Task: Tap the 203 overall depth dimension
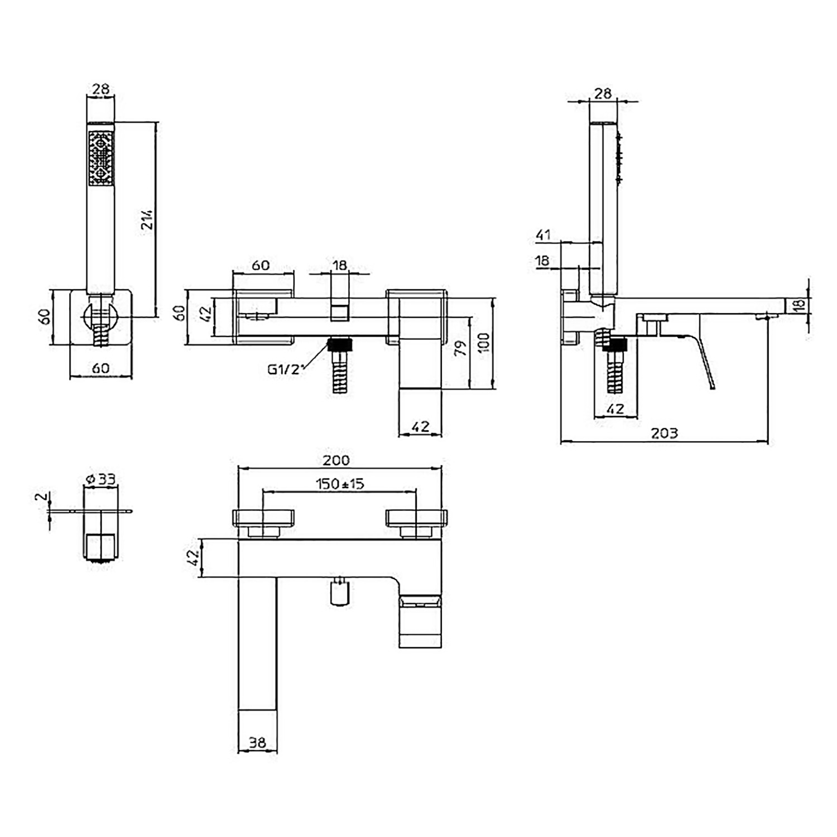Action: (664, 433)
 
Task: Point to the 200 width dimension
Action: (336, 460)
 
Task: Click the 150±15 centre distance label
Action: (340, 483)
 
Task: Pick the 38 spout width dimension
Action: (257, 743)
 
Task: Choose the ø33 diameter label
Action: (101, 479)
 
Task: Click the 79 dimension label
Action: (460, 349)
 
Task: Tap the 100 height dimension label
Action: (483, 342)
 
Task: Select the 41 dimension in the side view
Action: (543, 235)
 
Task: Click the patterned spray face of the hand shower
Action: (100, 158)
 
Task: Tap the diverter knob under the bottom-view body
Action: (339, 592)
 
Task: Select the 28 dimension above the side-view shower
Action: (603, 93)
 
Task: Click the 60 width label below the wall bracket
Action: (100, 368)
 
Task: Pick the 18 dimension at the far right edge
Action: (800, 305)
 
